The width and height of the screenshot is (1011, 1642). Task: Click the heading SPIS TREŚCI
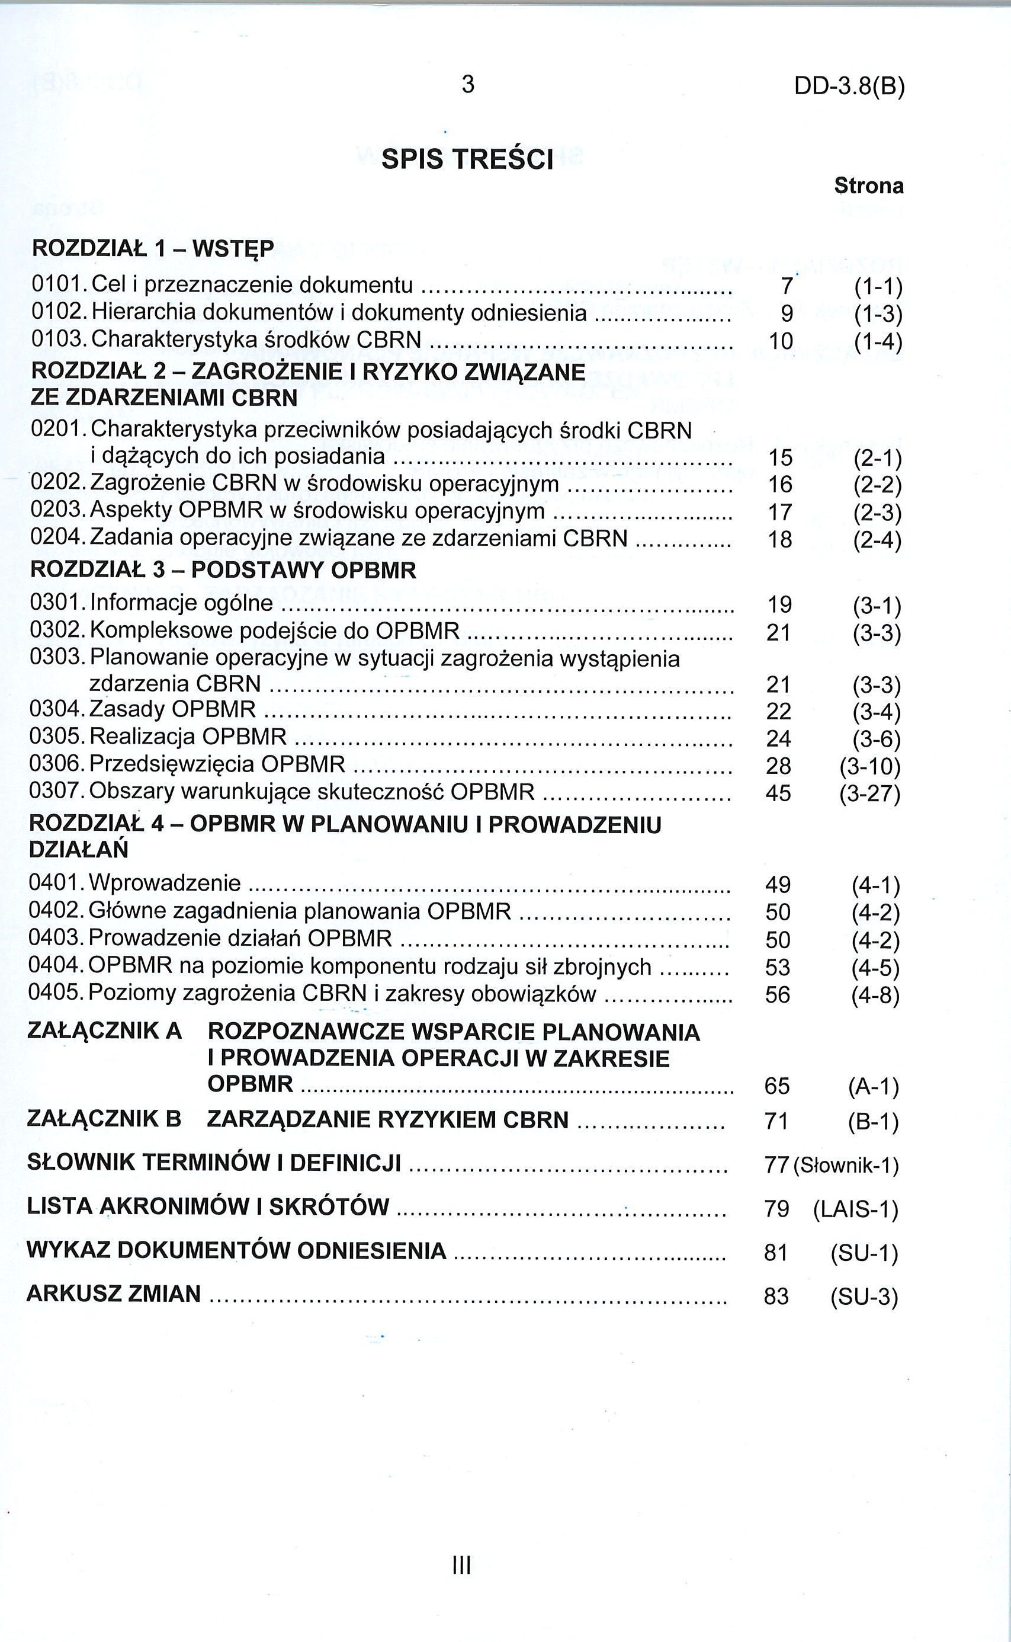[x=467, y=159]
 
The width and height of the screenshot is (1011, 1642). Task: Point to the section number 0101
[x=56, y=286]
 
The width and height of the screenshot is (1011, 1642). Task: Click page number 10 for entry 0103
[x=781, y=342]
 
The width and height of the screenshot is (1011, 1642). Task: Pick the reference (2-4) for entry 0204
[x=877, y=540]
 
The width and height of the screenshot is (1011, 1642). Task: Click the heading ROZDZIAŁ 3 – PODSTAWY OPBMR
[x=223, y=570]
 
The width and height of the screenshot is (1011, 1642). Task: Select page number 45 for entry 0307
[x=778, y=793]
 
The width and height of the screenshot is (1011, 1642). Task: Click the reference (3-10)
[x=870, y=767]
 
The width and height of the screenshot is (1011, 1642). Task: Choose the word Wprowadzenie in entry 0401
[x=165, y=883]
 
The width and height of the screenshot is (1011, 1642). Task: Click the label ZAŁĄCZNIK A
[x=104, y=1030]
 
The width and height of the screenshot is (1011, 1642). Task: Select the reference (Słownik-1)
[x=846, y=1166]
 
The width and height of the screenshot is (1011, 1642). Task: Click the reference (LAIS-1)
[x=856, y=1209]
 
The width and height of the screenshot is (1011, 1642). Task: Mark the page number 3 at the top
[x=468, y=84]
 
